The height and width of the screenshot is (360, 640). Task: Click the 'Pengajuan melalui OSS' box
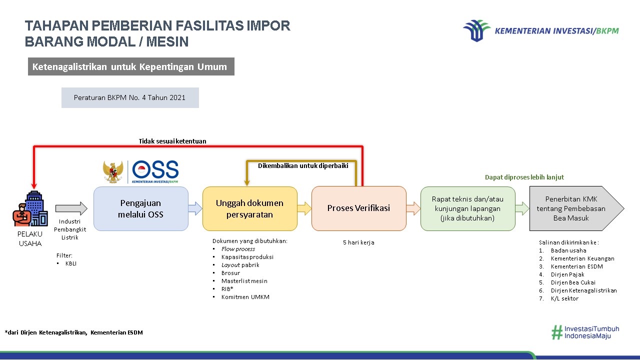pos(141,208)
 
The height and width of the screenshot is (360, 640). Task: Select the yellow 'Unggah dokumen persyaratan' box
pos(249,208)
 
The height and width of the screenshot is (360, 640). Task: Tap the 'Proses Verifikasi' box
pos(358,208)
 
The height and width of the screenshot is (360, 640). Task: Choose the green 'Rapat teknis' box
pos(467,208)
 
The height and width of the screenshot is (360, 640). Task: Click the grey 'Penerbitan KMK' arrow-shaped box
pos(573,208)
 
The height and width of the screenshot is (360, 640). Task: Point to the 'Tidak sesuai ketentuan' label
pos(172,141)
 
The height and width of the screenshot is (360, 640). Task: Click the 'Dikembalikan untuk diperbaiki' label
pos(303,166)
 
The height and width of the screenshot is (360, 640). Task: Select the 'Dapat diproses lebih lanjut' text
pos(524,177)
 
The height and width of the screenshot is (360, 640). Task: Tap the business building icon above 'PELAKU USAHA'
pos(30,208)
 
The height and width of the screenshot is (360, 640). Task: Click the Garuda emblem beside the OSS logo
pos(113,171)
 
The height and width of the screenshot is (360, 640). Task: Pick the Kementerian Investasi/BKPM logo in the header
pos(540,30)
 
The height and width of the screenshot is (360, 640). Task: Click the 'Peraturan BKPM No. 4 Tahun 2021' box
pos(130,97)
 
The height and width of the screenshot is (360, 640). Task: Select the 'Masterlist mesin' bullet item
pos(244,281)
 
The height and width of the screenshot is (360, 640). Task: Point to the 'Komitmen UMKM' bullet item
pos(245,297)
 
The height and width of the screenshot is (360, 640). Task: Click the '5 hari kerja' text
pos(358,242)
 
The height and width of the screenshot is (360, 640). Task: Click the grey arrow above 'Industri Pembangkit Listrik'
pos(71,208)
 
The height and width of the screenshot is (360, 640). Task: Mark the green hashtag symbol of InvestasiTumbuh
pos(556,332)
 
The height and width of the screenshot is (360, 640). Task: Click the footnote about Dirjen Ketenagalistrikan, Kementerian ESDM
pos(73,332)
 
